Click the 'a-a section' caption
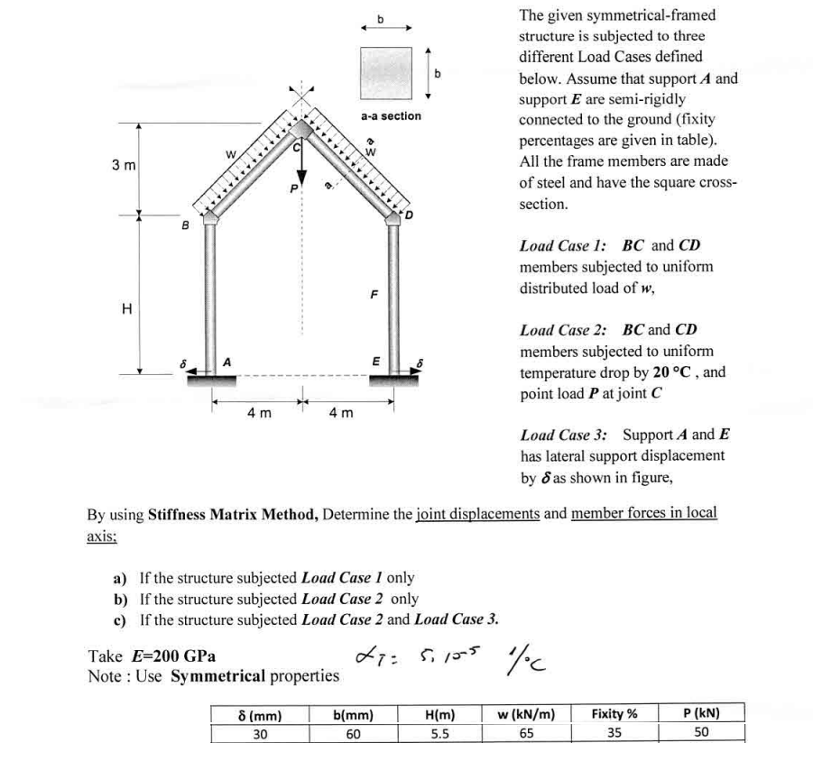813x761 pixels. (x=390, y=115)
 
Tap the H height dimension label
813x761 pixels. (x=126, y=310)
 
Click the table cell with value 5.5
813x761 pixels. (x=437, y=733)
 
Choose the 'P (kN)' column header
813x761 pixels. (x=700, y=714)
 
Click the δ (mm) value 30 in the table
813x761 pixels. (x=259, y=733)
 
